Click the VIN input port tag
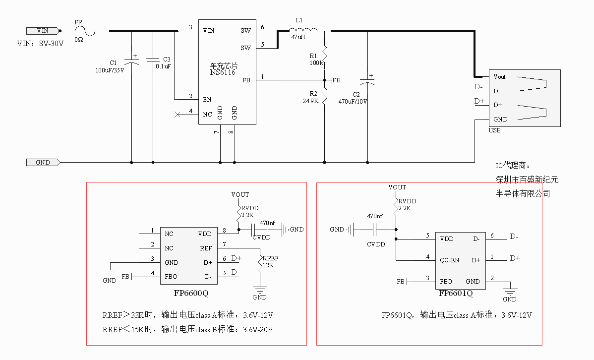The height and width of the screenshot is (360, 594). (42, 31)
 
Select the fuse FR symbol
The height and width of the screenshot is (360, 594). (91, 31)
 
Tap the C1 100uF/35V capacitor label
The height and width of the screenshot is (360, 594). (110, 66)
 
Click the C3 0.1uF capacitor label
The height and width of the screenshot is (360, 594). (164, 62)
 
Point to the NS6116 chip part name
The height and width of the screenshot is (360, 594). (223, 72)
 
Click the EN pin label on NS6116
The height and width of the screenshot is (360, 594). (207, 99)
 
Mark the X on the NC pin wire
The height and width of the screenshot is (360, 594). (178, 115)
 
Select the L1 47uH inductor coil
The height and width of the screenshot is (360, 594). (303, 30)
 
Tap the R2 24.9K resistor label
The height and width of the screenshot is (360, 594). (311, 97)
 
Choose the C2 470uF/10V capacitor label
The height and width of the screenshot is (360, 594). (353, 98)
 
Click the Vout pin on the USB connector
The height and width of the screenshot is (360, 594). (499, 77)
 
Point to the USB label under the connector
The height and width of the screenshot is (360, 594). (494, 131)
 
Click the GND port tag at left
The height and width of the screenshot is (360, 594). (43, 162)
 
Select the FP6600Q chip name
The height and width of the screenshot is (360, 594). (191, 293)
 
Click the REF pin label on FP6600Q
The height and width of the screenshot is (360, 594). (206, 248)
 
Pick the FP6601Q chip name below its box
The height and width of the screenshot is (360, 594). (456, 294)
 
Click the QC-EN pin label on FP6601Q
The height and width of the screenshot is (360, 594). (450, 260)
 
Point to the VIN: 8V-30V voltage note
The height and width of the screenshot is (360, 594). (41, 44)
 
